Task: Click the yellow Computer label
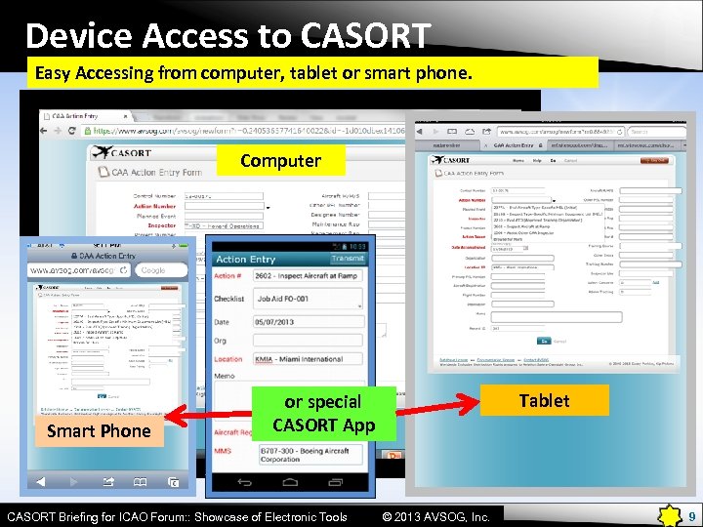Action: pyautogui.click(x=280, y=161)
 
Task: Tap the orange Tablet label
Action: pyautogui.click(x=544, y=400)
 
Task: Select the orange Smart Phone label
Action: pyautogui.click(x=99, y=430)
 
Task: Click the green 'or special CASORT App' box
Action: pyautogui.click(x=323, y=414)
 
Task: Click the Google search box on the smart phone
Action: pyautogui.click(x=156, y=269)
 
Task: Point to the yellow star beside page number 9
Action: pyautogui.click(x=670, y=515)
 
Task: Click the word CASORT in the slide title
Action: pyautogui.click(x=365, y=36)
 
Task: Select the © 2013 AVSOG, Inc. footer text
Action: pyautogui.click(x=435, y=516)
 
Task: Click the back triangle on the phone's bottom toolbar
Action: pyautogui.click(x=41, y=481)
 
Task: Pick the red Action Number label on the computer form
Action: pyautogui.click(x=154, y=206)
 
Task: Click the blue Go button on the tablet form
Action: pyautogui.click(x=544, y=342)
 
